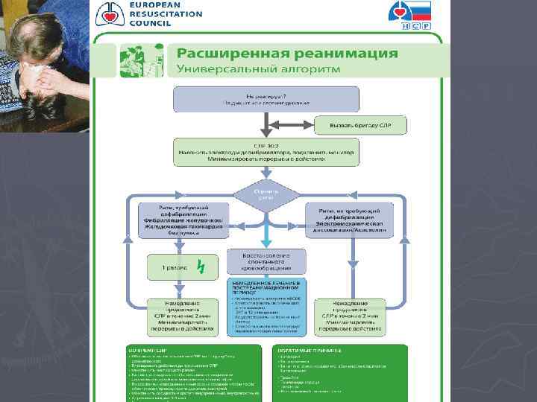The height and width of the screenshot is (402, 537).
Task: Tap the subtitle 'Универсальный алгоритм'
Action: click(x=257, y=69)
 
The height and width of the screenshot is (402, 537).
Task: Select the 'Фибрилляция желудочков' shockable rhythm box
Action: click(x=186, y=220)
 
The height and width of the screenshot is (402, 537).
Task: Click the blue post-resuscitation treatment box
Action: click(x=266, y=308)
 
